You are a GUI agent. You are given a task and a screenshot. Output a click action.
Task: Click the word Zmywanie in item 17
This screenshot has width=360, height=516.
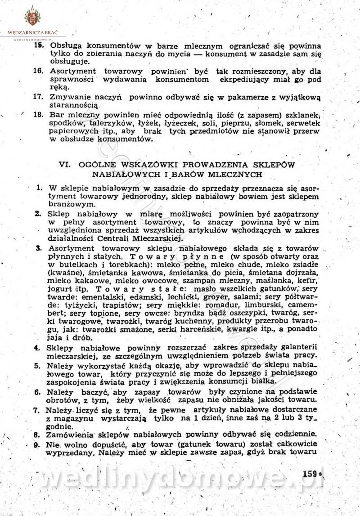click(71, 97)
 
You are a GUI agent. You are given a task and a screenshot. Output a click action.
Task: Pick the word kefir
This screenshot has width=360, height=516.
click(308, 280)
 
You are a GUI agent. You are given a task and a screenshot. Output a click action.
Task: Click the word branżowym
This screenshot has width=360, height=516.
click(68, 205)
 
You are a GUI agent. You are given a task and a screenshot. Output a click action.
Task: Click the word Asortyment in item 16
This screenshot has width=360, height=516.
click(73, 72)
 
